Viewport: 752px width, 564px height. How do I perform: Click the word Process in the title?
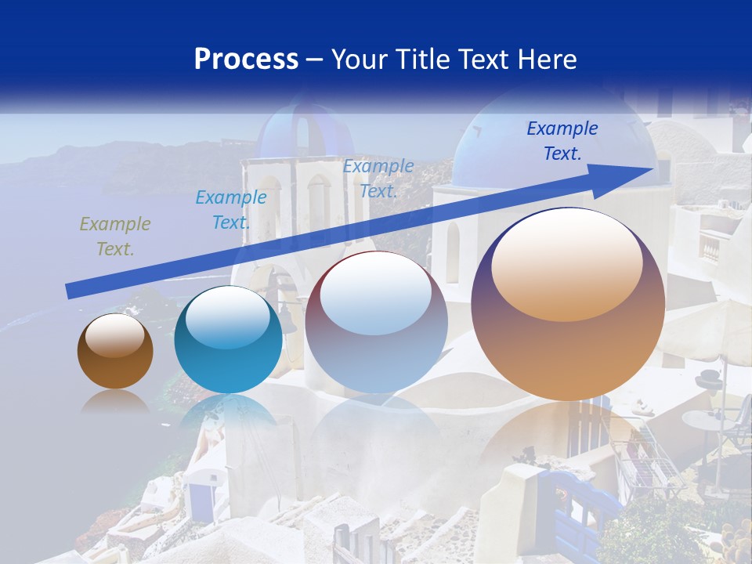point(246,60)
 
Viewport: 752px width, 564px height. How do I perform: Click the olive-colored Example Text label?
point(115,237)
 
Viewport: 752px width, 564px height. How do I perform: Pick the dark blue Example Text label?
point(562,141)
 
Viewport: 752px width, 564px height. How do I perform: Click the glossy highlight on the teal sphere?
point(227,317)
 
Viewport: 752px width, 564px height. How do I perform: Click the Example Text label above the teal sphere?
point(231,210)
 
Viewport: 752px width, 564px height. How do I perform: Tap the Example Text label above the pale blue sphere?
point(378,179)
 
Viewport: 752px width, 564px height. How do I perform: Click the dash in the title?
point(314,60)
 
